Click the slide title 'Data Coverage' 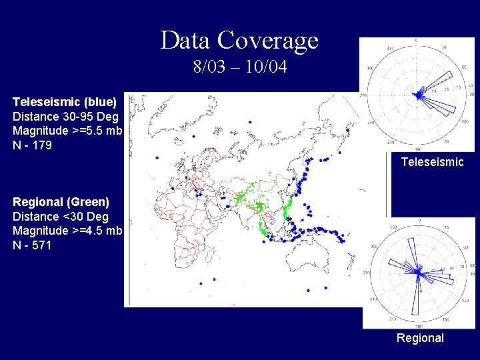pyautogui.click(x=239, y=41)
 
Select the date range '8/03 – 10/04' pyautogui.click(x=239, y=67)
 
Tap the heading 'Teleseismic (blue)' pyautogui.click(x=65, y=101)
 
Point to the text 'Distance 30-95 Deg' pyautogui.click(x=63, y=115)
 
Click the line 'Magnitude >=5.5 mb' pyautogui.click(x=67, y=130)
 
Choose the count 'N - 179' pyautogui.click(x=32, y=144)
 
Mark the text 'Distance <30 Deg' pyautogui.click(x=60, y=216)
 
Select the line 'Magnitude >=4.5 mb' pyautogui.click(x=67, y=231)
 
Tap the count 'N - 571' pyautogui.click(x=32, y=245)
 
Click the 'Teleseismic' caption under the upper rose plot pyautogui.click(x=432, y=162)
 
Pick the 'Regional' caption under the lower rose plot pyautogui.click(x=420, y=338)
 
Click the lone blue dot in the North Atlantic pyautogui.click(x=157, y=157)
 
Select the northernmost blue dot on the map pyautogui.click(x=249, y=122)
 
